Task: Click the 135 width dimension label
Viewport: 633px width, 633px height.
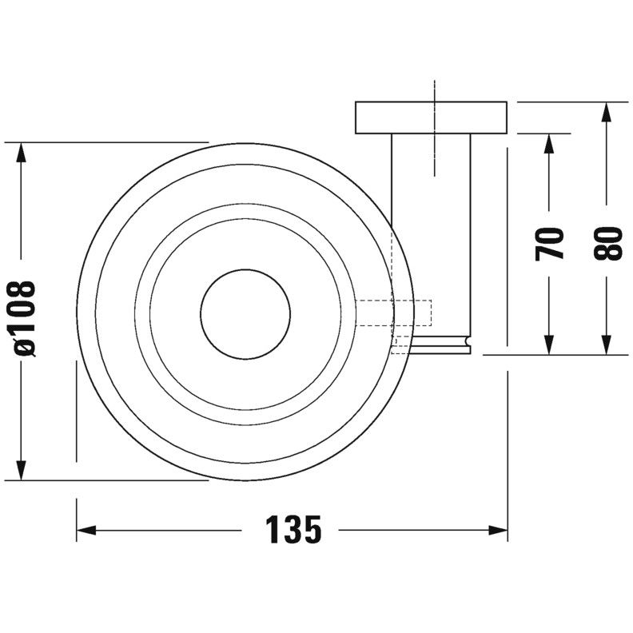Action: click(293, 530)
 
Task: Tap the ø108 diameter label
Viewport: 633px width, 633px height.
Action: click(22, 319)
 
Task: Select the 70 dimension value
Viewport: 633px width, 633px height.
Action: click(549, 244)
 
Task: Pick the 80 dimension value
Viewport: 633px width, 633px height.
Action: click(607, 243)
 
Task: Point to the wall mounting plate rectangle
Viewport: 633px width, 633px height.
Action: click(431, 117)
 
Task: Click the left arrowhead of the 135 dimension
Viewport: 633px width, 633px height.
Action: click(86, 530)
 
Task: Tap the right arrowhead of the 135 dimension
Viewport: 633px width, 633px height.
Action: click(498, 530)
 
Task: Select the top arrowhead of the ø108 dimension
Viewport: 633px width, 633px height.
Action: click(21, 152)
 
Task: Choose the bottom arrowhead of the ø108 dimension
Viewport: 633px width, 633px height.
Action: click(21, 470)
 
